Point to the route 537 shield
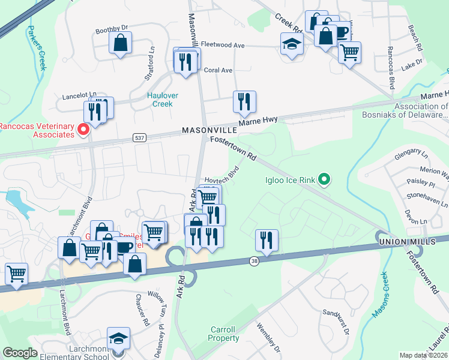point(137,139)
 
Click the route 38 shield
point(255,261)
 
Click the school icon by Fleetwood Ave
point(292,44)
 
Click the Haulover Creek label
point(160,100)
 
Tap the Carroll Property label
point(223,334)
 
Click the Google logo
point(20,353)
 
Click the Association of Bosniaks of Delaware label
point(413,111)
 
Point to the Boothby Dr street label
point(112,28)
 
